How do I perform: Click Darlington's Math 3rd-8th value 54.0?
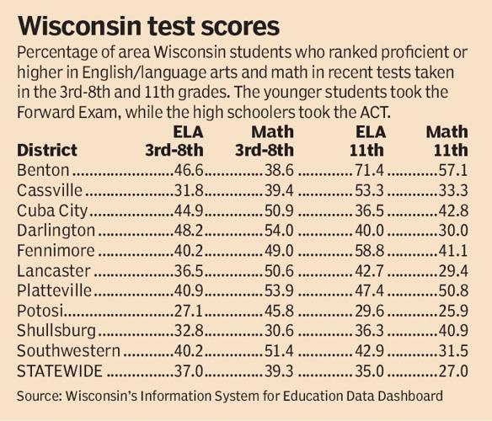coord(275,231)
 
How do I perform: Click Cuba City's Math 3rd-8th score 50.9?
coord(275,210)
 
